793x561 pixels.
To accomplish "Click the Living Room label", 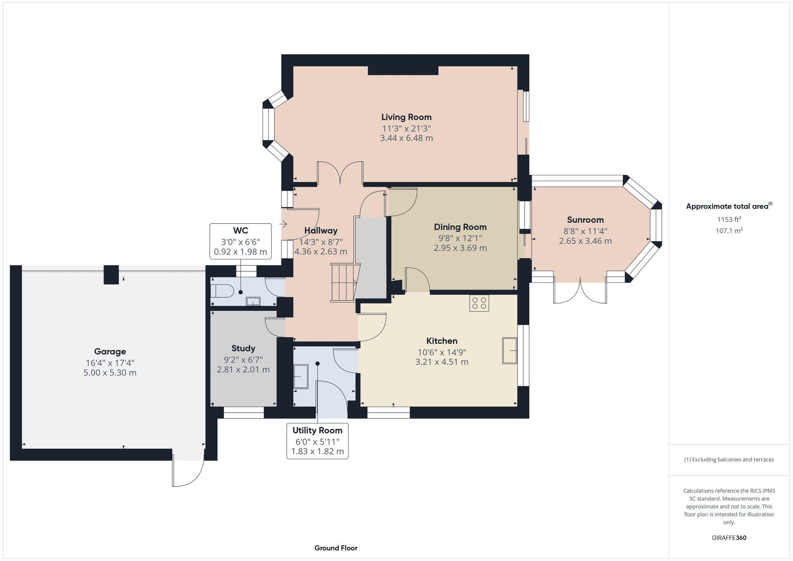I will point(406,117).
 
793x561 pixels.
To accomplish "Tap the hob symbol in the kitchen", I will point(479,303).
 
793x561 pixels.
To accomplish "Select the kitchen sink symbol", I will point(510,350).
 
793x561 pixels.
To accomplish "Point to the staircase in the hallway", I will point(343,283).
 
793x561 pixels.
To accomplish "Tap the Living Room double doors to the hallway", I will point(340,173).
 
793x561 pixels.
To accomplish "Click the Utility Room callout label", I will point(317,430).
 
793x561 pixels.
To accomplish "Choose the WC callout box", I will point(240,241).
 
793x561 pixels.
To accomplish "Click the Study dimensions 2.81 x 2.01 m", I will point(243,370).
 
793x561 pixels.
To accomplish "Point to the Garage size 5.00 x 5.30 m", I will point(110,373).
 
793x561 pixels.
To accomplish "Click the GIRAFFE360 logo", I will point(729,538).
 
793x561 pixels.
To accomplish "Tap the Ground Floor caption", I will point(336,548).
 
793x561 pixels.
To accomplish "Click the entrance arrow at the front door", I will point(283,224).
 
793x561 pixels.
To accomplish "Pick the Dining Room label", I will point(460,227).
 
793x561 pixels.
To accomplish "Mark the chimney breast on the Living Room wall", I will point(403,71).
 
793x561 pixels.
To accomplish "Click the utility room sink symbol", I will point(301,376).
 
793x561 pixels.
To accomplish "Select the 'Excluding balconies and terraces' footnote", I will point(729,460).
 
